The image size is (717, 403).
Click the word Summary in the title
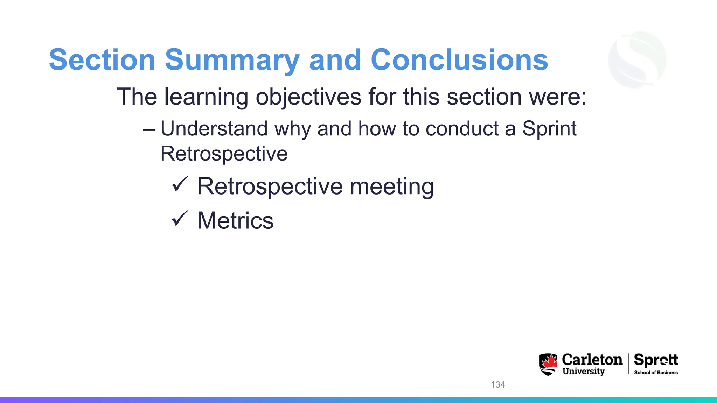(x=232, y=60)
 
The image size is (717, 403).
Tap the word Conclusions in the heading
(x=459, y=60)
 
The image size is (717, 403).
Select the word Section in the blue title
(x=102, y=60)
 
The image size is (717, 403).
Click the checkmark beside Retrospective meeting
(x=180, y=184)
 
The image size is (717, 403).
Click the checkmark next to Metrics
(x=180, y=219)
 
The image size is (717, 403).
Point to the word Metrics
(x=235, y=221)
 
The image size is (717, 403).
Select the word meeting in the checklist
(x=392, y=186)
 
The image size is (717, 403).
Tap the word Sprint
(x=549, y=129)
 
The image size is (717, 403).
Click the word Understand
(x=214, y=129)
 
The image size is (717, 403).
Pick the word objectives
(x=308, y=97)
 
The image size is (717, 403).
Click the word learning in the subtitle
(x=206, y=97)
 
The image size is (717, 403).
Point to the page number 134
(x=497, y=384)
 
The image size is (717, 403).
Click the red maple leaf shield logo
(x=548, y=364)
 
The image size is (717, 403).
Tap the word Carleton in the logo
(x=592, y=360)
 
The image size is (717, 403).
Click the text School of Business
(x=656, y=373)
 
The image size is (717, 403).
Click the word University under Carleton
(x=584, y=371)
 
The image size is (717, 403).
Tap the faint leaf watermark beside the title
(x=637, y=59)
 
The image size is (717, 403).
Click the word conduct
(x=462, y=129)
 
